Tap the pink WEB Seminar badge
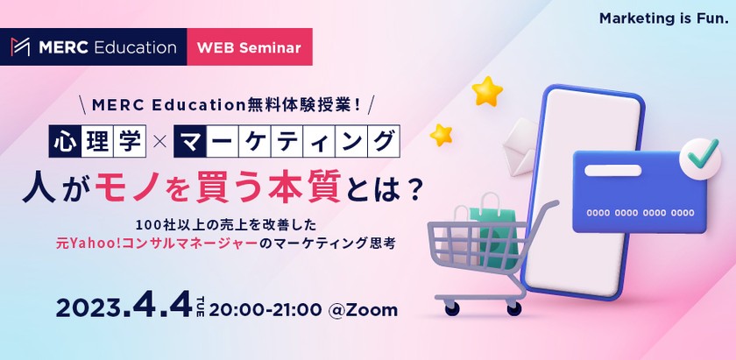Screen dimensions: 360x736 point(250,47)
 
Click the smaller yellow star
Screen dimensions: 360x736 point(442,134)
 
